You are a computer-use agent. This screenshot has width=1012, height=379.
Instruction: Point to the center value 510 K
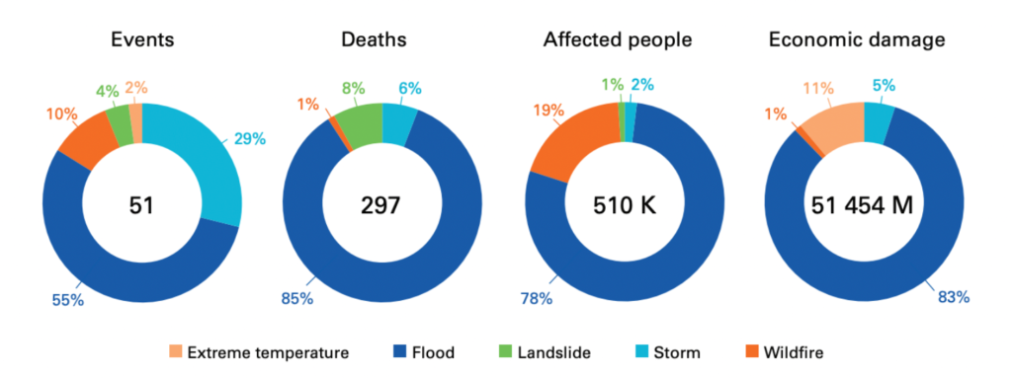click(x=624, y=205)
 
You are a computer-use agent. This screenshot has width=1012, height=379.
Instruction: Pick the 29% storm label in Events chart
click(x=249, y=139)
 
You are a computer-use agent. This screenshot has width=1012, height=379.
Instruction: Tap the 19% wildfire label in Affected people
click(x=548, y=112)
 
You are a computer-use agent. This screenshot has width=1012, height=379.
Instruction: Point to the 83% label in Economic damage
click(x=953, y=295)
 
